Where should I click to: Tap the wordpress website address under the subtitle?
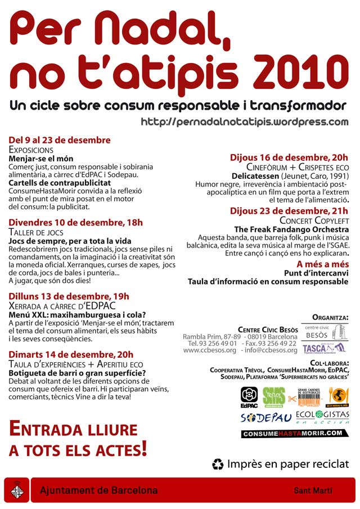pyautogui.click(x=245, y=121)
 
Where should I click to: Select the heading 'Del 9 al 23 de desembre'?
pyautogui.click(x=60, y=140)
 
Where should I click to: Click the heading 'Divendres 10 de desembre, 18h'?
pyautogui.click(x=76, y=222)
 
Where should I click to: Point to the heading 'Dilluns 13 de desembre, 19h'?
pyautogui.click(x=69, y=296)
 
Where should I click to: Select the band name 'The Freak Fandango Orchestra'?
pyautogui.click(x=291, y=229)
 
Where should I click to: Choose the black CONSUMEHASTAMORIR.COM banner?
pyautogui.click(x=295, y=434)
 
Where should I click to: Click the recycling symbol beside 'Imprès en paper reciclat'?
pyautogui.click(x=218, y=464)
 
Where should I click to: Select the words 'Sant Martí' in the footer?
pyautogui.click(x=313, y=491)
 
